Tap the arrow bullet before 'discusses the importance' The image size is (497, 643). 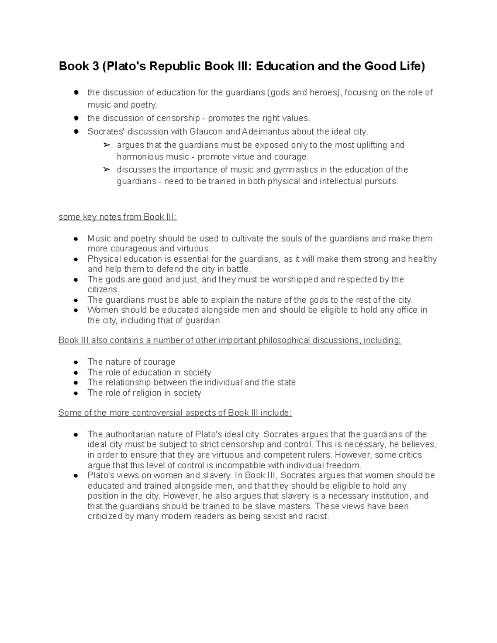pyautogui.click(x=106, y=170)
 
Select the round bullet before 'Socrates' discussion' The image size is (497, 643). pyautogui.click(x=76, y=132)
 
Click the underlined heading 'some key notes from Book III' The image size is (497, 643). pyautogui.click(x=118, y=217)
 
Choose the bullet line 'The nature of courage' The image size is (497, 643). pyautogui.click(x=131, y=362)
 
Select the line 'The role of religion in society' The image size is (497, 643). pyautogui.click(x=144, y=393)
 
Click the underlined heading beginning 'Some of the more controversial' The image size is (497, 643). pyautogui.click(x=175, y=413)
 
